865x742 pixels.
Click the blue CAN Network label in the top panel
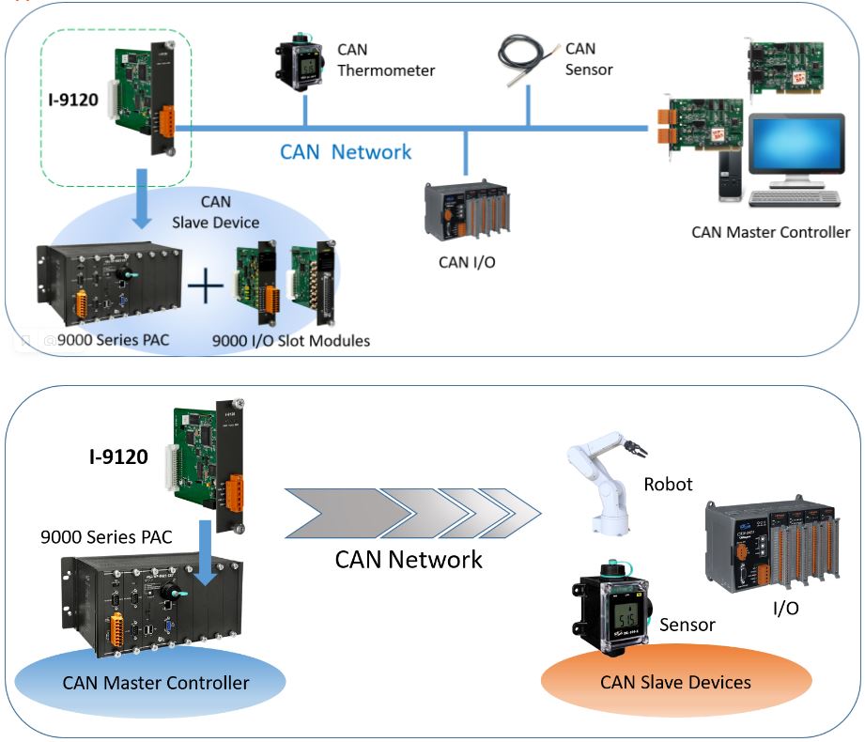(x=346, y=152)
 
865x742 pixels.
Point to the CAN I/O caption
(x=467, y=262)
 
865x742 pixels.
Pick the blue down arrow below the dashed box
(x=141, y=200)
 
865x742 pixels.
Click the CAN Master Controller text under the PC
(x=770, y=231)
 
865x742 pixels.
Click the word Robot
(x=668, y=485)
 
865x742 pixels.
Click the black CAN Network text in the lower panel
(x=409, y=560)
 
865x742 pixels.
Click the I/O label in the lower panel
(x=785, y=608)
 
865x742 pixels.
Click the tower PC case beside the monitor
(x=731, y=176)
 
